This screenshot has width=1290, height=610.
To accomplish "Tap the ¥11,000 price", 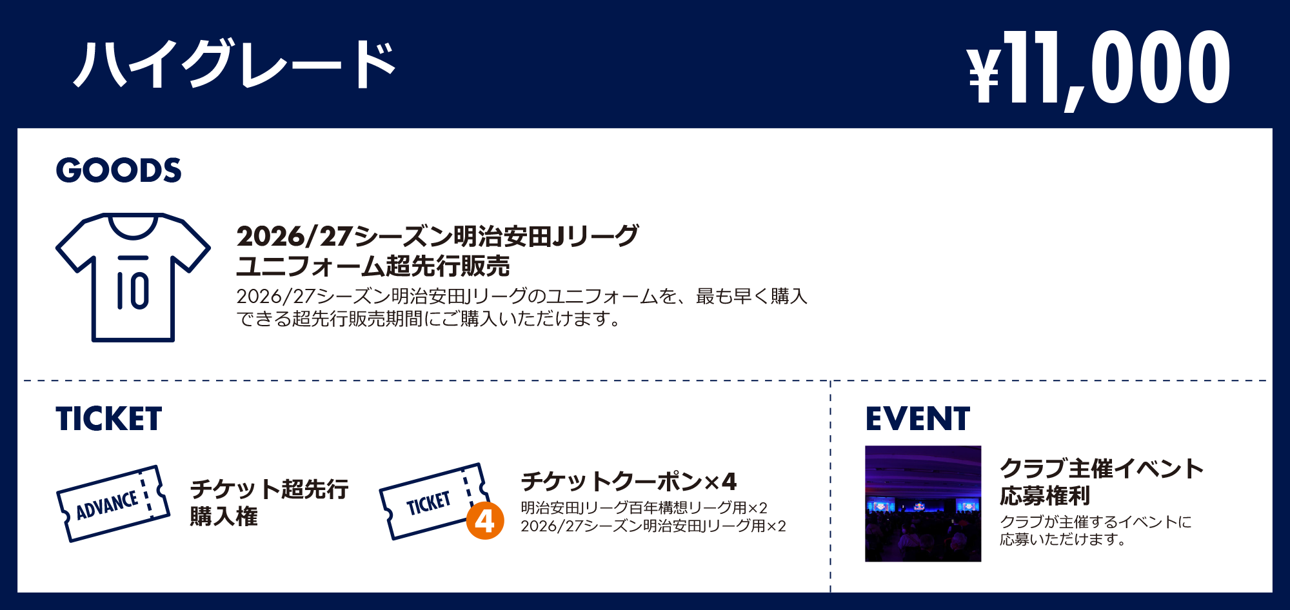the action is pyautogui.click(x=1098, y=68).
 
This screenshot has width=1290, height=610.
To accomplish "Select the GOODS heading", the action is pyautogui.click(x=119, y=170).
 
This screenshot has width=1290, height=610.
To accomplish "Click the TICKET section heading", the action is pyautogui.click(x=108, y=418).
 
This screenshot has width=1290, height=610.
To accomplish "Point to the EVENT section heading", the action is pyautogui.click(x=917, y=418).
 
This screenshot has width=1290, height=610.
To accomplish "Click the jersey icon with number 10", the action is pyautogui.click(x=133, y=277).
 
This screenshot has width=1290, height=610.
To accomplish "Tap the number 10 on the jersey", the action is pyautogui.click(x=133, y=290).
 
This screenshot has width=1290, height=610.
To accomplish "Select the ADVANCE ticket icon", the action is pyautogui.click(x=114, y=504).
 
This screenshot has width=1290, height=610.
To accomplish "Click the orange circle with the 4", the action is pyautogui.click(x=485, y=521).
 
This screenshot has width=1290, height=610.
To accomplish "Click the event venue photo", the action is pyautogui.click(x=923, y=504).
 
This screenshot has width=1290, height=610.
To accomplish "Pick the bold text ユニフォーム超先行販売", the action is pyautogui.click(x=373, y=266).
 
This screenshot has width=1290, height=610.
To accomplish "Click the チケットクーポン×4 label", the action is pyautogui.click(x=629, y=481).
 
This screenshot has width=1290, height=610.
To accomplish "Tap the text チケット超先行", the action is pyautogui.click(x=270, y=489).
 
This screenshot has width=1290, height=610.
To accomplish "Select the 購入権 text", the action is pyautogui.click(x=224, y=516).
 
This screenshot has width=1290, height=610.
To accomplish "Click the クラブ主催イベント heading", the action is pyautogui.click(x=1102, y=468).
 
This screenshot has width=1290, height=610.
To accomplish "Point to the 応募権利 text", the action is pyautogui.click(x=1045, y=495).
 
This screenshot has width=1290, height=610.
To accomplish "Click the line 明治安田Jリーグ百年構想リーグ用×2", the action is pyautogui.click(x=644, y=507).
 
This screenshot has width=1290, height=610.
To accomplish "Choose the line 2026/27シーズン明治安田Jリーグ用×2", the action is pyautogui.click(x=653, y=526).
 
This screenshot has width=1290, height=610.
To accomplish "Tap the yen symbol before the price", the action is pyautogui.click(x=984, y=76).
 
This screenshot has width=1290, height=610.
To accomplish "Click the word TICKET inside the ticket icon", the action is pyautogui.click(x=428, y=503).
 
